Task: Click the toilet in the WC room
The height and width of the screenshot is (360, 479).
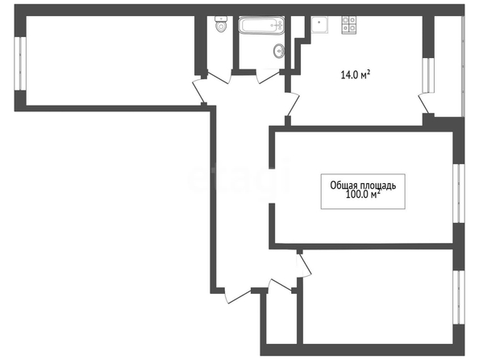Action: click(221, 24)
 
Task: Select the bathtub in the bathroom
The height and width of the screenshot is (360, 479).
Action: click(261, 25)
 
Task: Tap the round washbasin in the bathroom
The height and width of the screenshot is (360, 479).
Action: click(279, 51)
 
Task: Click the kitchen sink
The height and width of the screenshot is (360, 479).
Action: click(319, 24)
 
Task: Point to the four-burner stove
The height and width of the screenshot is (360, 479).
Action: click(348, 24)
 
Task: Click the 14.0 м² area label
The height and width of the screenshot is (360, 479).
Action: click(356, 74)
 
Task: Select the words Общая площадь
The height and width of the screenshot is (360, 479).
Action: click(363, 186)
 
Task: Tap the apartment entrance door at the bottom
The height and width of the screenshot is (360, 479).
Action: click(238, 295)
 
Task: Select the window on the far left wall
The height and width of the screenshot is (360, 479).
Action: click(20, 64)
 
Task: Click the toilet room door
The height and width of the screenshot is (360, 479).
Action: click(219, 77)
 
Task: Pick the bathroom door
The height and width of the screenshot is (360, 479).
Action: click(269, 76)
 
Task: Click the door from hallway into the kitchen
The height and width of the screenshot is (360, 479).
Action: click(293, 104)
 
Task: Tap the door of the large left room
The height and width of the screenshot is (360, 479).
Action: click(199, 90)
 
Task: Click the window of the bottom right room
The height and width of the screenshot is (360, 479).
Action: click(459, 297)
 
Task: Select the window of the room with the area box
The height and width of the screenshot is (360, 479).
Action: click(459, 193)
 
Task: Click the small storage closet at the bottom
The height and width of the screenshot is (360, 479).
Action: click(281, 318)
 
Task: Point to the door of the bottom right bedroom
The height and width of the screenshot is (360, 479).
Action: click(304, 266)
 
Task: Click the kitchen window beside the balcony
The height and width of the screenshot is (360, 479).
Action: click(428, 75)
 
